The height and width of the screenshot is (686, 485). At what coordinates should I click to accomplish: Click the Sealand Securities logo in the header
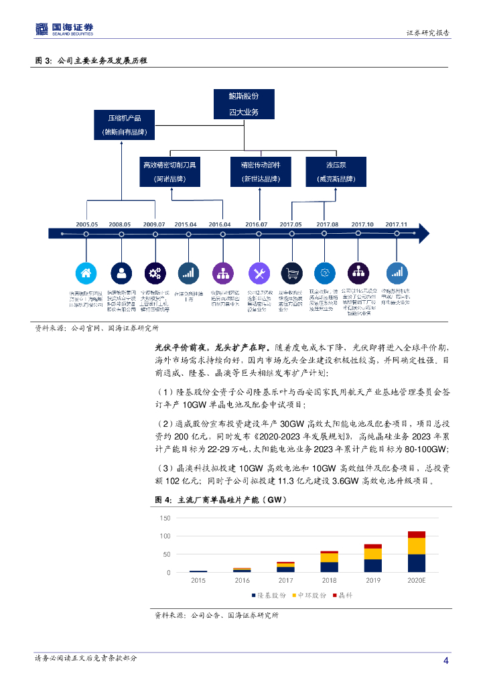[x=64, y=29]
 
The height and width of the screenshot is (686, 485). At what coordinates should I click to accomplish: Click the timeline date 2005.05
[x=86, y=224]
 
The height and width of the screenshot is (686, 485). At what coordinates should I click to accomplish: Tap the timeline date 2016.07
[x=257, y=224]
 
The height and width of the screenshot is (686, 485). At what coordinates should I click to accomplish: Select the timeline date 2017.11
[x=397, y=224]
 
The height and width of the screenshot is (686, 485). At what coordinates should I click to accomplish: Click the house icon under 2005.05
[x=86, y=273]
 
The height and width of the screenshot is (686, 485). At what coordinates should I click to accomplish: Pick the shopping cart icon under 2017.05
[x=291, y=273]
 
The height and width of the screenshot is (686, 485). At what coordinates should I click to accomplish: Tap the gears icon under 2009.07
[x=155, y=273]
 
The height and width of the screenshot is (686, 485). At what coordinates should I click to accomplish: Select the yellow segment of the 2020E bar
[x=416, y=546]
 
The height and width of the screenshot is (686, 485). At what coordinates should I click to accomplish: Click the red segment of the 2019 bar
[x=372, y=546]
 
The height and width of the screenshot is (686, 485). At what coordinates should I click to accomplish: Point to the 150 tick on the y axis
[x=165, y=519]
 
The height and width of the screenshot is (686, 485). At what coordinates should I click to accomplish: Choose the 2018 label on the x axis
[x=329, y=581]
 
